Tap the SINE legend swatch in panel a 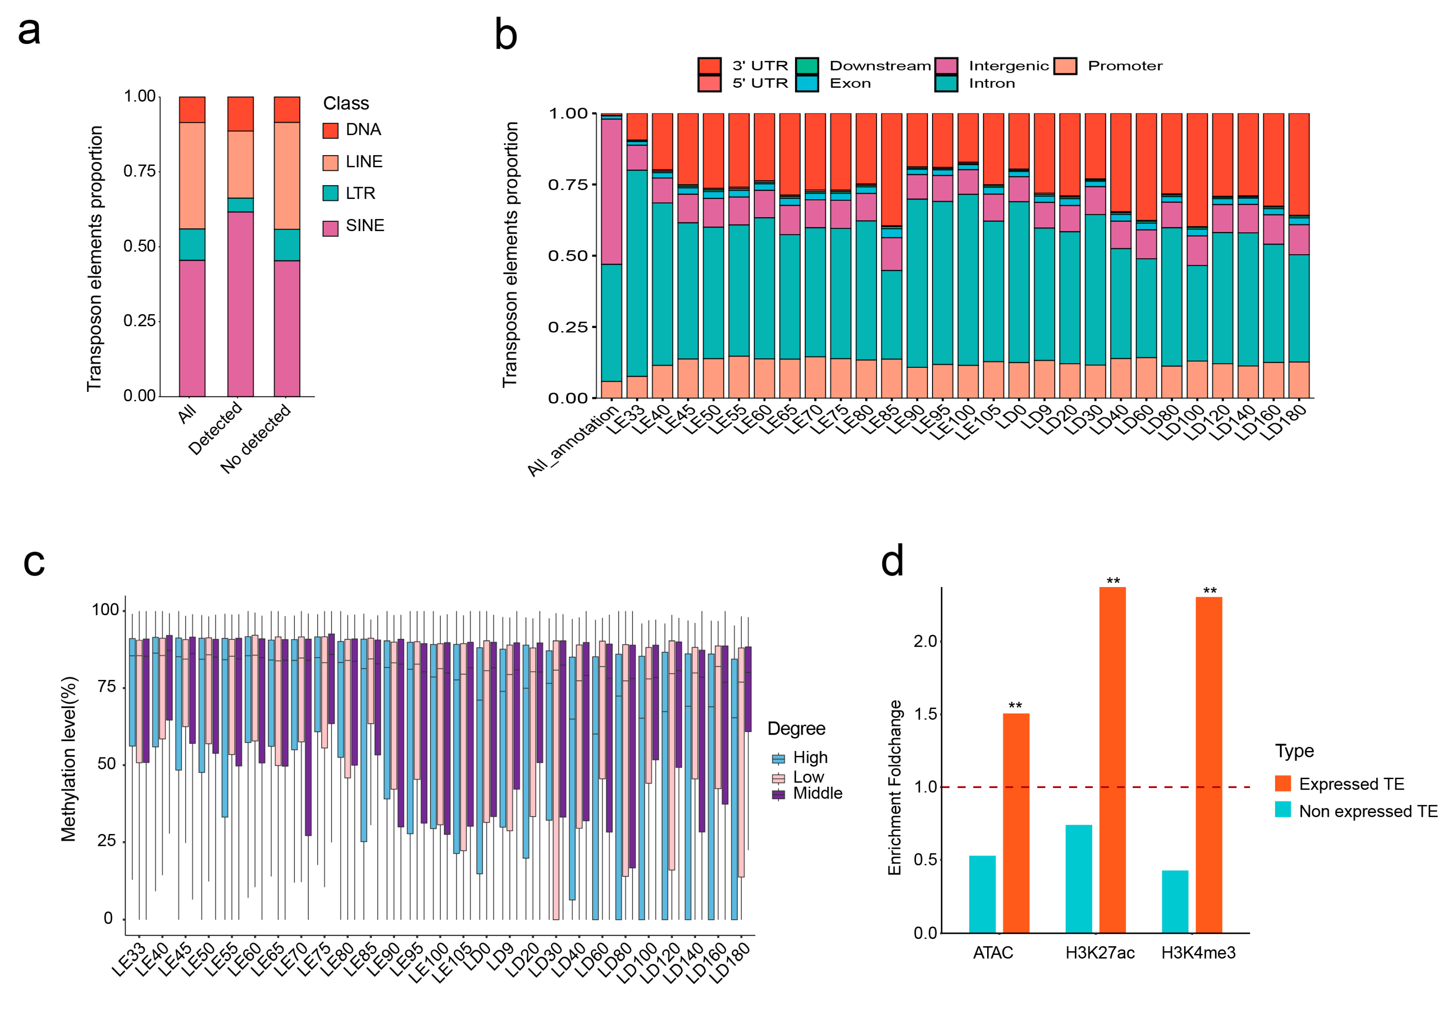[x=330, y=228]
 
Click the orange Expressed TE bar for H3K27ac [x=1112, y=759]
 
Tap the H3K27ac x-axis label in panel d [x=1099, y=953]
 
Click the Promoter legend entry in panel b [x=1125, y=66]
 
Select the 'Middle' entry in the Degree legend [x=818, y=793]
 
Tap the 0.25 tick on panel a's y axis [x=139, y=321]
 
